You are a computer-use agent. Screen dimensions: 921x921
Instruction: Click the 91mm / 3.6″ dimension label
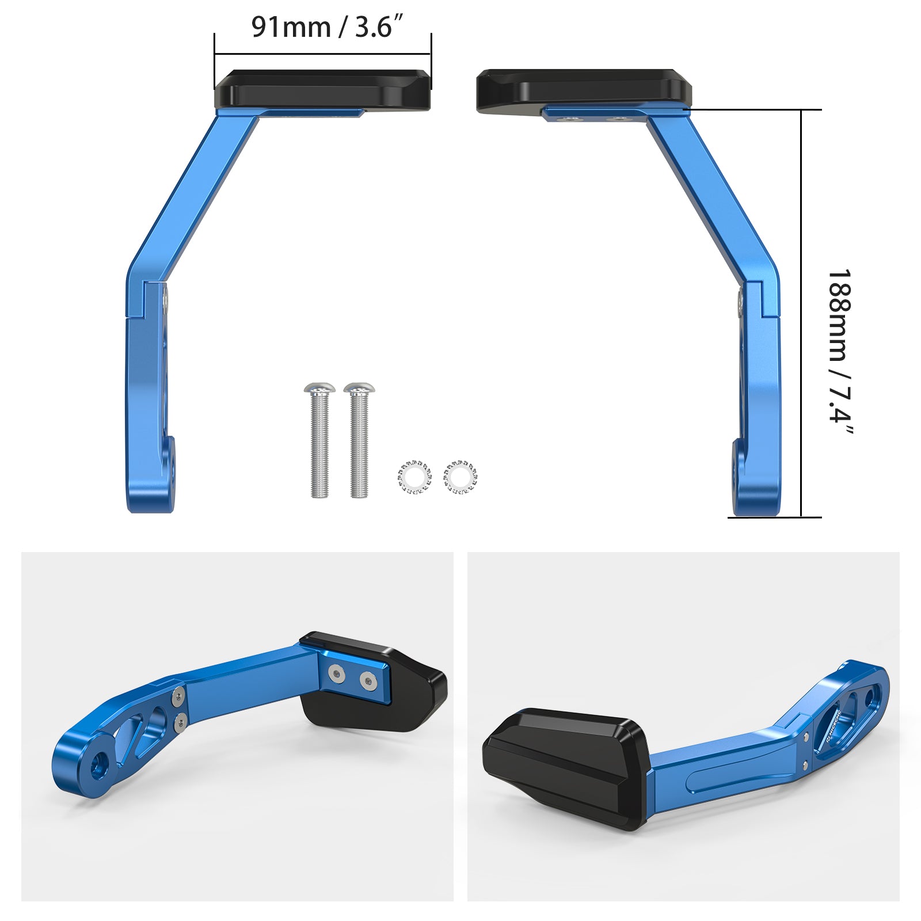[326, 27]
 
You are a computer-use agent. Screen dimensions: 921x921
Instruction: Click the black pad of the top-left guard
[322, 89]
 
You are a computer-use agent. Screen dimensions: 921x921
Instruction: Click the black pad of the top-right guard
[581, 89]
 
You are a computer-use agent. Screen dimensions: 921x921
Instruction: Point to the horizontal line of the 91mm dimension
[322, 55]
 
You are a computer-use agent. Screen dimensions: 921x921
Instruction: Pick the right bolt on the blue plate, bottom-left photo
[367, 682]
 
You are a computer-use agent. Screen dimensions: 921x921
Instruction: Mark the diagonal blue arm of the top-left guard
[193, 196]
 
